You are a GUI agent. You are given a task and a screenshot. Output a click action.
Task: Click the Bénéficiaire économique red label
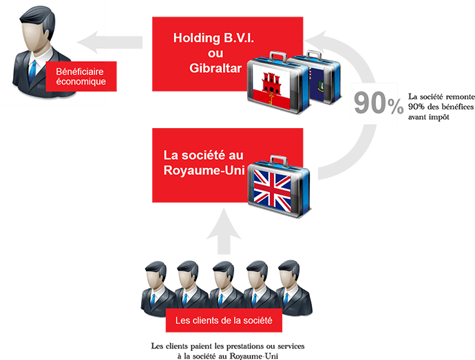[81, 75]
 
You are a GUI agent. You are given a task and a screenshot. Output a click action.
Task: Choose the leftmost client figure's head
[156, 272]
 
